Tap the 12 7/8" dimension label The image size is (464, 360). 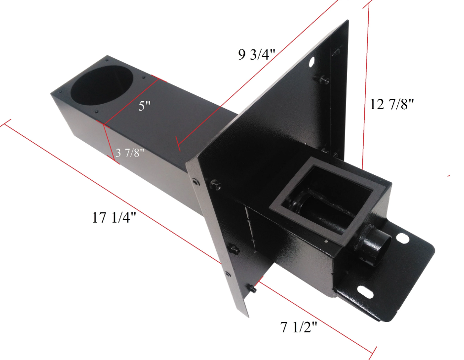pos(392,104)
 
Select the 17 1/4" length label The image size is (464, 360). pos(114,217)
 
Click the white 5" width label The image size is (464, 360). pos(144,106)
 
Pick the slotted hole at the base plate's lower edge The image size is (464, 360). pos(365,290)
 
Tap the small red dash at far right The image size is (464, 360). pos(448,175)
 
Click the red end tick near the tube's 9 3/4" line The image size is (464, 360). pos(178,146)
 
